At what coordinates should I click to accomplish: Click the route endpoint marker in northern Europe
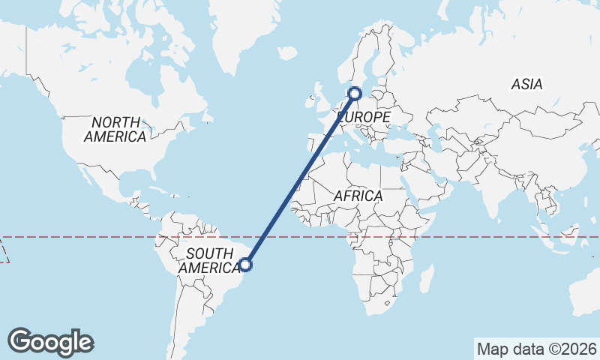tap(355, 94)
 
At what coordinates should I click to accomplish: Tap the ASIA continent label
tap(526, 85)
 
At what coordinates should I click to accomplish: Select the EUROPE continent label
tap(364, 118)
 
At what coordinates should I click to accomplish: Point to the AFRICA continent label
tap(358, 196)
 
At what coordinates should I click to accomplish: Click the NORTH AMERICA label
tap(115, 129)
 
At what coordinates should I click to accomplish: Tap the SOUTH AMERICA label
tap(212, 260)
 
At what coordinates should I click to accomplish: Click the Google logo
tap(50, 342)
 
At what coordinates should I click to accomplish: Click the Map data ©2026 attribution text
tap(537, 349)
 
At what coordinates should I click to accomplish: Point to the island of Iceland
tap(287, 53)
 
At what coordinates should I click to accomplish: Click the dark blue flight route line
tap(300, 178)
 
